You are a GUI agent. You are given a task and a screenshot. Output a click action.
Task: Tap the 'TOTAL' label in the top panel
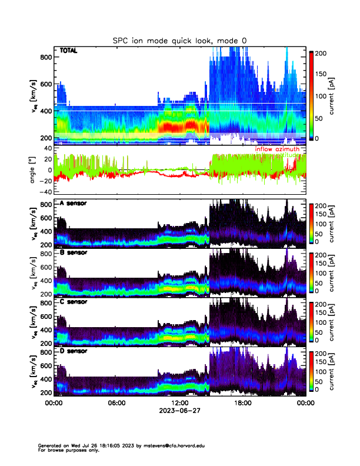pyautogui.click(x=69, y=51)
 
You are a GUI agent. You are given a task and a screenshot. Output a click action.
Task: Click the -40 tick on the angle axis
pyautogui.click(x=45, y=192)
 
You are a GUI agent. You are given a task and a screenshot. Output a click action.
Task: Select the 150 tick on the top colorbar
pyautogui.click(x=322, y=74)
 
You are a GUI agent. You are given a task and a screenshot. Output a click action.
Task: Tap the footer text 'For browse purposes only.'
pyautogui.click(x=66, y=450)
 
